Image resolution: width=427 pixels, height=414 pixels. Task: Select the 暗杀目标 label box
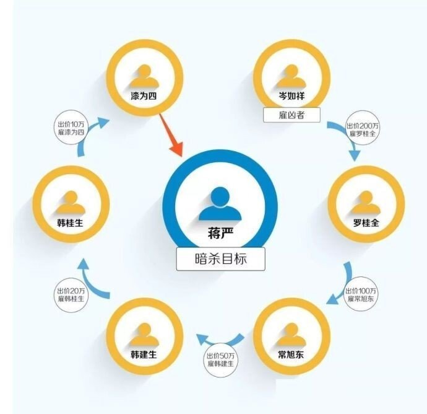pos(220,258)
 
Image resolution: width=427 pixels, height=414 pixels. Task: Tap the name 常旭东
pos(290,355)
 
